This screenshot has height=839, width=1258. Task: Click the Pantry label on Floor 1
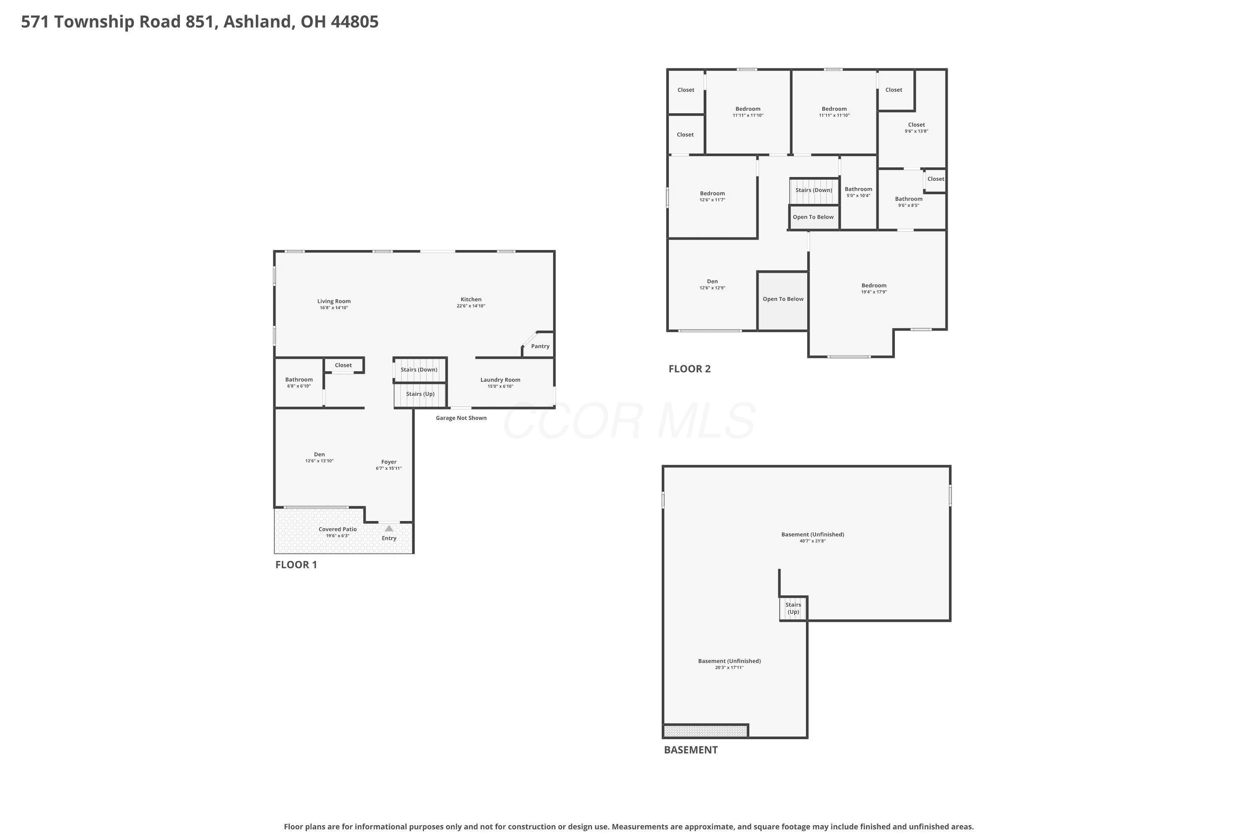[x=540, y=346]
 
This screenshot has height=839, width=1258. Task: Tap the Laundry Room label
[x=500, y=380]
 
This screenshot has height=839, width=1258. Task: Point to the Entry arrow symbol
[x=389, y=529]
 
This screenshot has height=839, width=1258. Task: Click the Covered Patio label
[x=338, y=529]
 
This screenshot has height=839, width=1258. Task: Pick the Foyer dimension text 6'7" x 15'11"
[x=389, y=469]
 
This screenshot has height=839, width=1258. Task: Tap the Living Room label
[x=334, y=301]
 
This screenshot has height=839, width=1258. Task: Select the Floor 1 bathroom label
[x=299, y=379]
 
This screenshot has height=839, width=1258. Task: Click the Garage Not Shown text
[x=461, y=418]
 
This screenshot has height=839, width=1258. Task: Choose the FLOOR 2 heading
[x=689, y=369]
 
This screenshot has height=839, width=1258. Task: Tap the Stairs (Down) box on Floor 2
[x=814, y=191]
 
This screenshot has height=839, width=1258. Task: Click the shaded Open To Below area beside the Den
[x=782, y=301]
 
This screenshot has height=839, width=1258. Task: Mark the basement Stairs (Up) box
[x=793, y=608]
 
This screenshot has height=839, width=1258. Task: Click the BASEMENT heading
[x=691, y=750]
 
